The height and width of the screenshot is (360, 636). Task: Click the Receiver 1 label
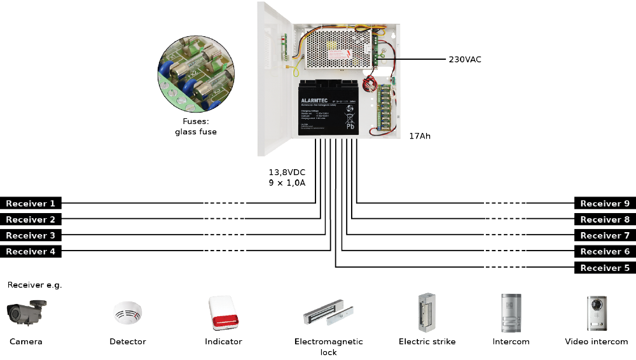click(x=31, y=204)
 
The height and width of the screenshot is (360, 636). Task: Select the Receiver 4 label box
click(x=31, y=252)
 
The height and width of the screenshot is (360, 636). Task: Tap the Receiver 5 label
click(x=605, y=268)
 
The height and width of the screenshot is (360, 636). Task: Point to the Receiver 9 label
click(x=605, y=204)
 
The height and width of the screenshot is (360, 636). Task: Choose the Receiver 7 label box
click(x=605, y=235)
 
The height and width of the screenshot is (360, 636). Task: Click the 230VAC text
click(x=465, y=59)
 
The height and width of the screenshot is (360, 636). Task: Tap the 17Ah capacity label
click(x=420, y=136)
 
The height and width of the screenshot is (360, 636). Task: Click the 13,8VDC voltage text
click(x=287, y=172)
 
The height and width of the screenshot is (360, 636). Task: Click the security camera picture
click(x=27, y=312)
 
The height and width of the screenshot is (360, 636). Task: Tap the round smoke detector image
click(x=128, y=313)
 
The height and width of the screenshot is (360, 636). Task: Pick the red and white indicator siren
click(x=223, y=314)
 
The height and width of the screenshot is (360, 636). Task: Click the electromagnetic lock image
click(x=328, y=314)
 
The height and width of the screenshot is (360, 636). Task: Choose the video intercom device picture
click(x=597, y=312)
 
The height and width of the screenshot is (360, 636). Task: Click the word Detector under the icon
click(x=128, y=342)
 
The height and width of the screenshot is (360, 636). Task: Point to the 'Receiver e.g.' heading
click(x=34, y=285)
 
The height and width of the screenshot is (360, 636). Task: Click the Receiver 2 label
click(x=31, y=219)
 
